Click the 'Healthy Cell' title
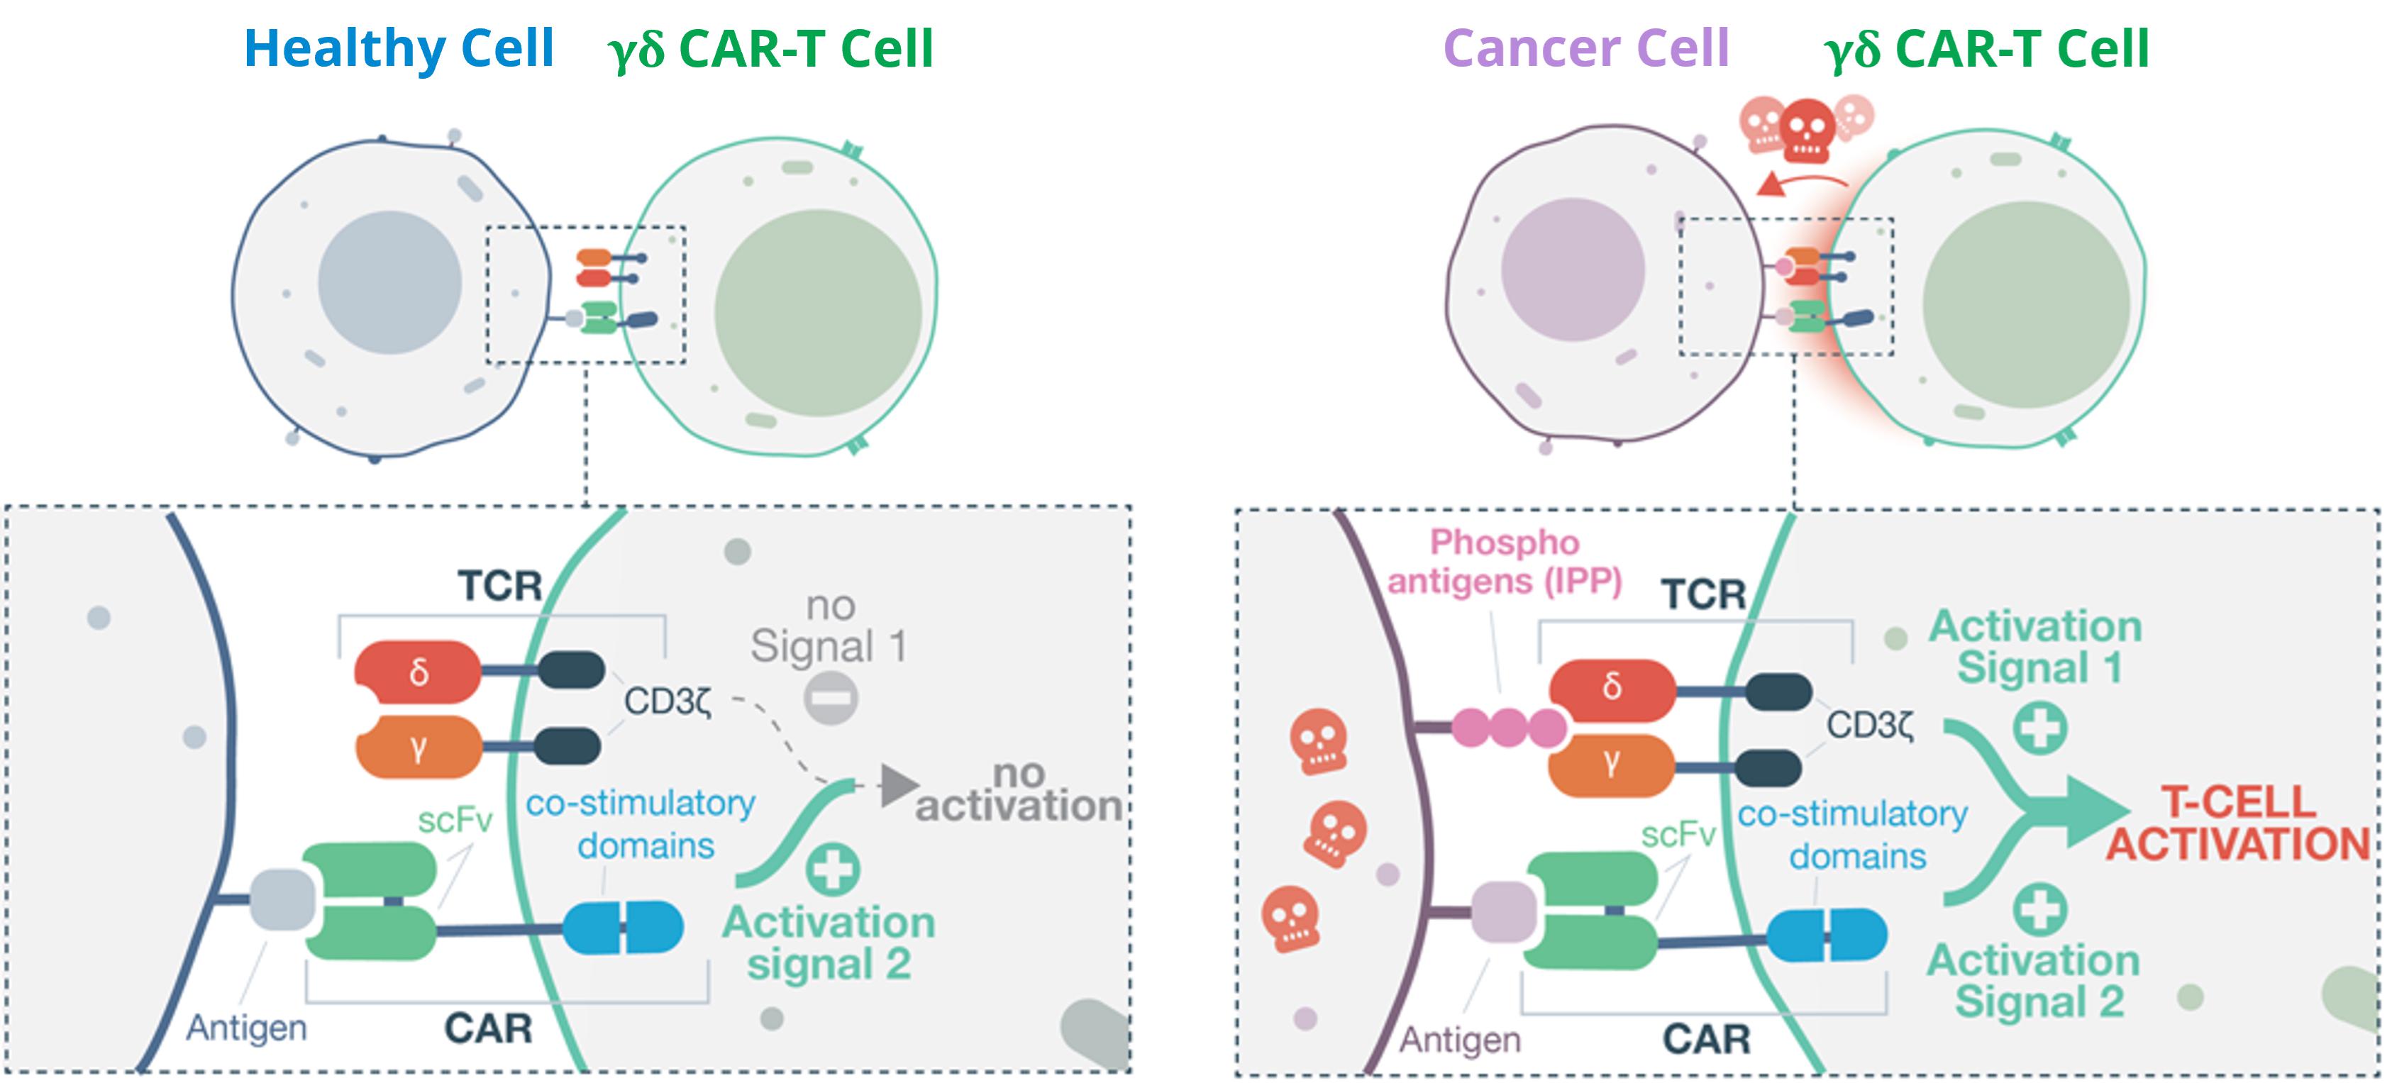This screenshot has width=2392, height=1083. click(x=399, y=48)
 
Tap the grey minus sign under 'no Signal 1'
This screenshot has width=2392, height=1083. click(x=830, y=698)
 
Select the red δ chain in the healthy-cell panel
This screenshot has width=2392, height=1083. click(x=418, y=671)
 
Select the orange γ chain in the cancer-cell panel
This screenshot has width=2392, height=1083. click(x=1612, y=764)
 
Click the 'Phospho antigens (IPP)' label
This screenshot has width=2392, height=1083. click(x=1505, y=562)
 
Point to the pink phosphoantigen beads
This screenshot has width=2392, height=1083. click(x=1508, y=727)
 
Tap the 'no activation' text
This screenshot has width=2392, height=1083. click(x=1019, y=792)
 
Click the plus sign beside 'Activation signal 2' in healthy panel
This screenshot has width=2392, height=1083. click(x=832, y=869)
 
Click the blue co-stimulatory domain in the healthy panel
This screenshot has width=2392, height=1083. click(x=623, y=926)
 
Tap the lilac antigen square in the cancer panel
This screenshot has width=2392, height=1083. click(x=1503, y=911)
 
